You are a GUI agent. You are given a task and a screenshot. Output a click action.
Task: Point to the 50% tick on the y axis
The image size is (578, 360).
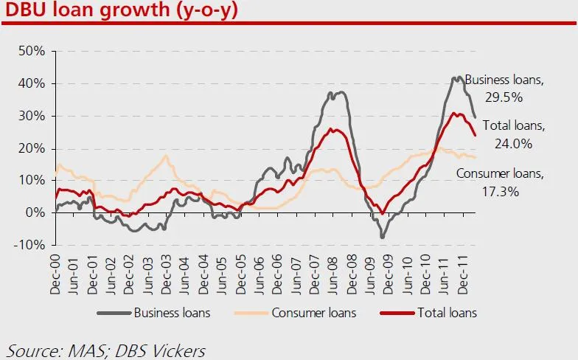pyautogui.click(x=34, y=52)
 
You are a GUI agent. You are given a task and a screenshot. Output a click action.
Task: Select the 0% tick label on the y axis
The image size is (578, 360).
pyautogui.click(x=37, y=212)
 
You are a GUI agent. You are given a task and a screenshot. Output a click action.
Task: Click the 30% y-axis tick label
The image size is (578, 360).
pyautogui.click(x=34, y=116)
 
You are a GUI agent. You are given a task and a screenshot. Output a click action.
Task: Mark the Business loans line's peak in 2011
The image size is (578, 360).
pyautogui.click(x=457, y=77)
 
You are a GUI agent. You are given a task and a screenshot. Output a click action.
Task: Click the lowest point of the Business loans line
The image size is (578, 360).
pyautogui.click(x=383, y=236)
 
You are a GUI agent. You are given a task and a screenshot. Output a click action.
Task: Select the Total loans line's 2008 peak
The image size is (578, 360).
pyautogui.click(x=333, y=130)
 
